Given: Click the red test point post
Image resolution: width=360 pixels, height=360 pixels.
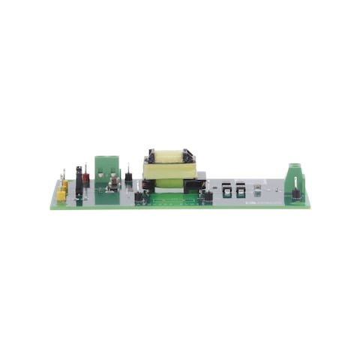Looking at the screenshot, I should (85, 179).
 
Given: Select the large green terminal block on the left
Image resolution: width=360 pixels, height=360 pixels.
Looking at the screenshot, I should (107, 170).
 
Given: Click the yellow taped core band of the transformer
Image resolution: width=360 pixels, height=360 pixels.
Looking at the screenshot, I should (171, 171).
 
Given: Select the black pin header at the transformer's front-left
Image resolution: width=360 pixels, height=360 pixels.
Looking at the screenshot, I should (139, 197).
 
